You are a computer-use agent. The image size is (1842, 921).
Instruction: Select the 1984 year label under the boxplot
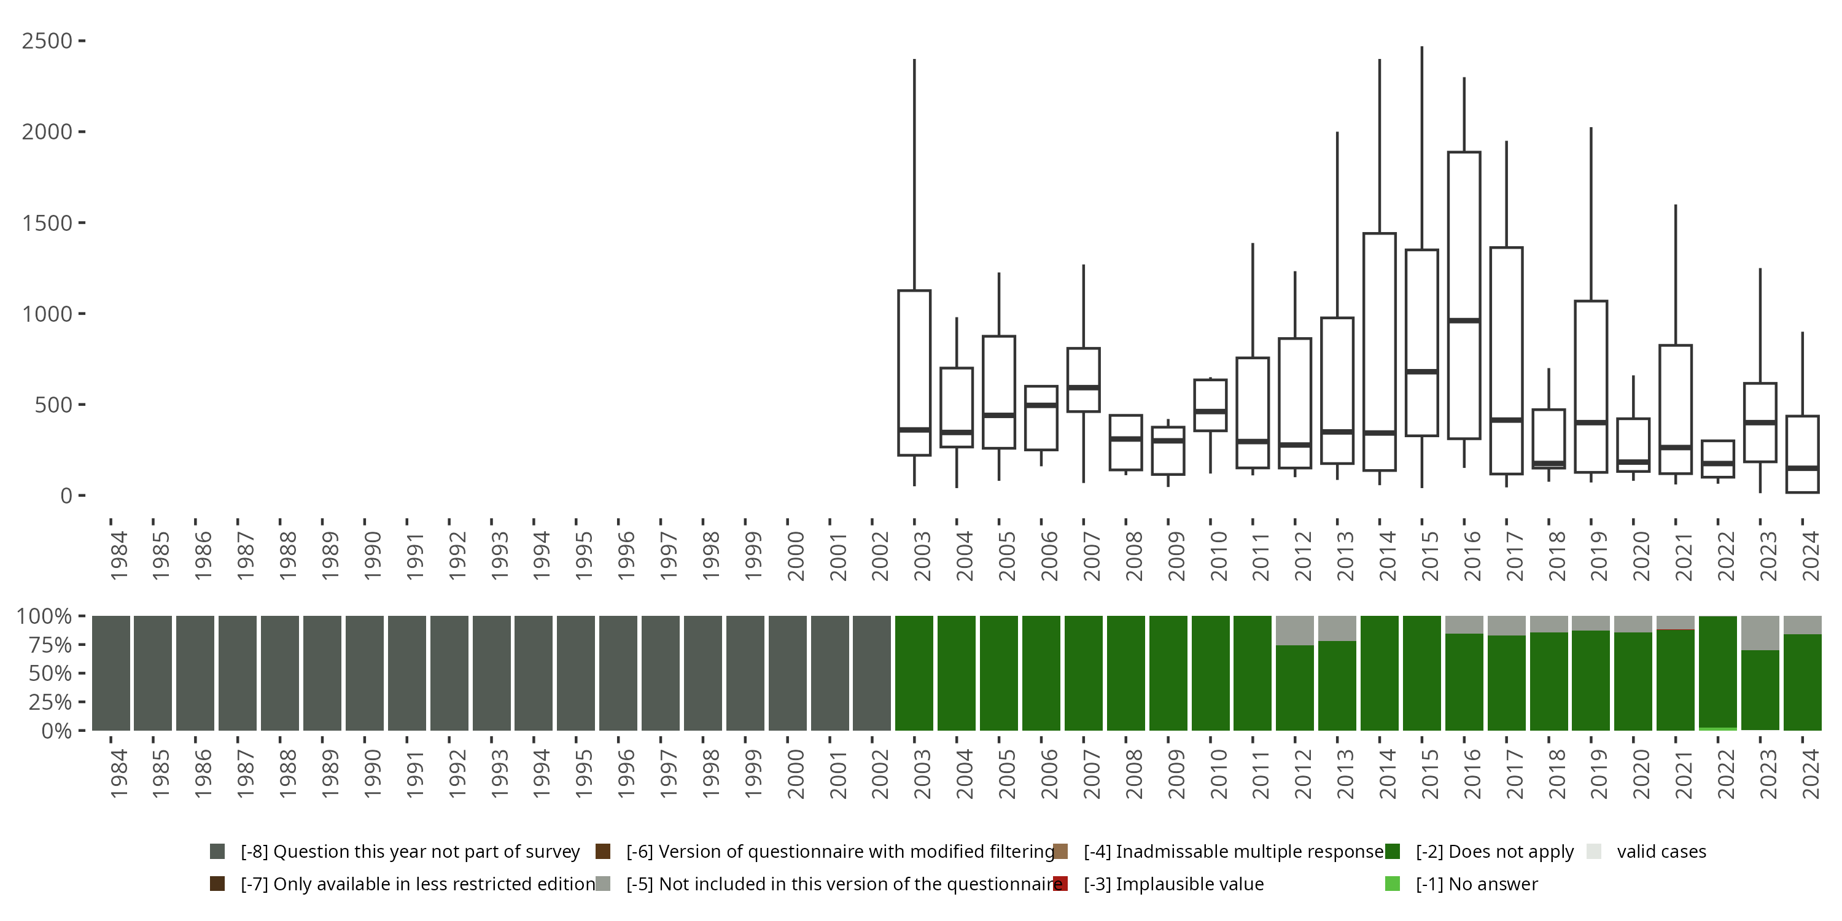119,556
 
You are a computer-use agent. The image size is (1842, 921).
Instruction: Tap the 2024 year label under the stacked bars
1811,774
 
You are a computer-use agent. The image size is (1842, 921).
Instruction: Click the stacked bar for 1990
365,673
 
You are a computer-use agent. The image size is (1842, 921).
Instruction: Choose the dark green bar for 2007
1083,673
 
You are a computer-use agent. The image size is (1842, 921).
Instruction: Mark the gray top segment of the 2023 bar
1760,633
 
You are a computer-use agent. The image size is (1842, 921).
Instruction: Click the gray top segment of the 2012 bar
1295,631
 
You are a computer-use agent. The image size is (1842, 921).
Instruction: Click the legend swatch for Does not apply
1392,852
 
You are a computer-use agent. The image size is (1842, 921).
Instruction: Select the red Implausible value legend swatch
1060,884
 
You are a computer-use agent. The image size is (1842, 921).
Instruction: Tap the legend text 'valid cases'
1661,852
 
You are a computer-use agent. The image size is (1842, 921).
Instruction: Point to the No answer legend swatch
1392,884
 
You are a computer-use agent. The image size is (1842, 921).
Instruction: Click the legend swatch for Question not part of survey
217,852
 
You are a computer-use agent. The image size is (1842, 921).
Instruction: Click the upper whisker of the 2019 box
1591,214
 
